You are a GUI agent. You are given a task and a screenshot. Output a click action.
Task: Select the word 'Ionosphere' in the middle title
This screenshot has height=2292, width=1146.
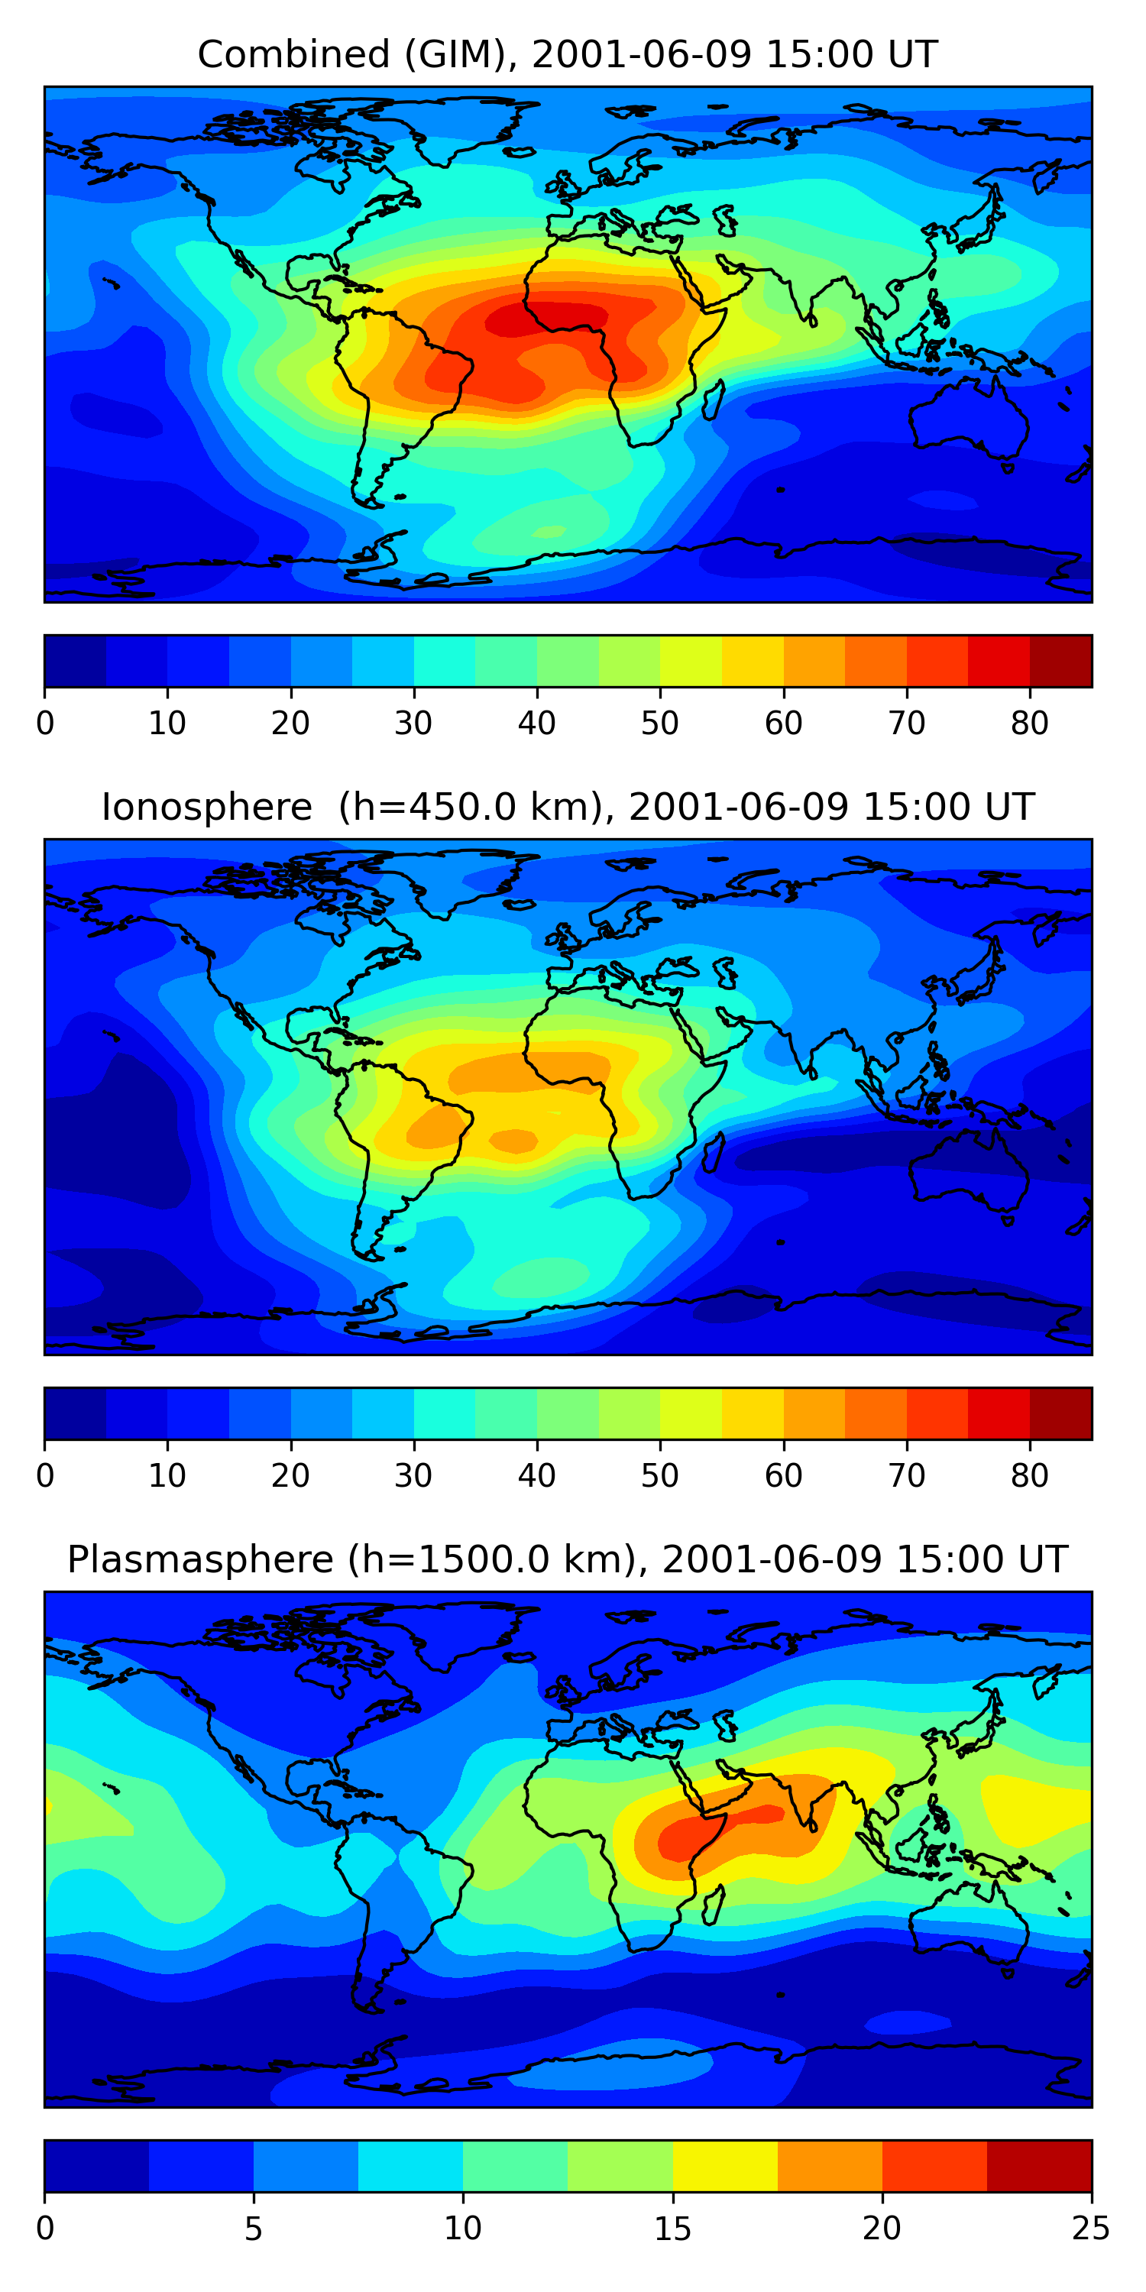tap(206, 807)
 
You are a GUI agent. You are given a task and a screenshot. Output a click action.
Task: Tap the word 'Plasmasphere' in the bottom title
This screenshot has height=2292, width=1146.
tap(200, 1560)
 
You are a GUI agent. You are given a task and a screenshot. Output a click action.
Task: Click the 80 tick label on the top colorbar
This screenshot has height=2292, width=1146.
tap(1029, 724)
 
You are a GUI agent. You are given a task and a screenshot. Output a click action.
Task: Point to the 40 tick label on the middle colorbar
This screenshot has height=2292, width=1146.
tap(536, 1476)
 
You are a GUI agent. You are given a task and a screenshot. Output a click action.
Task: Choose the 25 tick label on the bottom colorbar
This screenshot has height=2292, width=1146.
tap(1091, 2229)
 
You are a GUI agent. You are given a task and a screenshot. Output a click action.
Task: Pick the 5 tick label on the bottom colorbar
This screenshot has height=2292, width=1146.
tap(254, 2229)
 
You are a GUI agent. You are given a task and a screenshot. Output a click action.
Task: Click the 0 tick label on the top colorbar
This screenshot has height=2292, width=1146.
tap(45, 724)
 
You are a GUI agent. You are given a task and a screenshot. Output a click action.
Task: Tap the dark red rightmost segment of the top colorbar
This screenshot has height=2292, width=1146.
tap(1060, 661)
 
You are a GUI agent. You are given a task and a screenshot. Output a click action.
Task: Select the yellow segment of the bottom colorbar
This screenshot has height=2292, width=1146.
tap(725, 2167)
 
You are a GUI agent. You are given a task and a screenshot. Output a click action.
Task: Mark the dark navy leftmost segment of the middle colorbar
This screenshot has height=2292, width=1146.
tap(76, 1414)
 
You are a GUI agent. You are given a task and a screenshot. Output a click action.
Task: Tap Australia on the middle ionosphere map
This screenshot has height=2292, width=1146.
tap(968, 1170)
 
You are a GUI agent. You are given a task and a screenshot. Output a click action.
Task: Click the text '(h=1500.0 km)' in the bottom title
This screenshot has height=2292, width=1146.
tap(492, 1560)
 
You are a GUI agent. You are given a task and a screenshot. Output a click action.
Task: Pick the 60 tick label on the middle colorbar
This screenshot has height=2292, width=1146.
tap(783, 1476)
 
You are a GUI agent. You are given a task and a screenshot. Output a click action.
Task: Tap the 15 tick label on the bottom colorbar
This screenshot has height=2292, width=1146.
tap(672, 2229)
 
